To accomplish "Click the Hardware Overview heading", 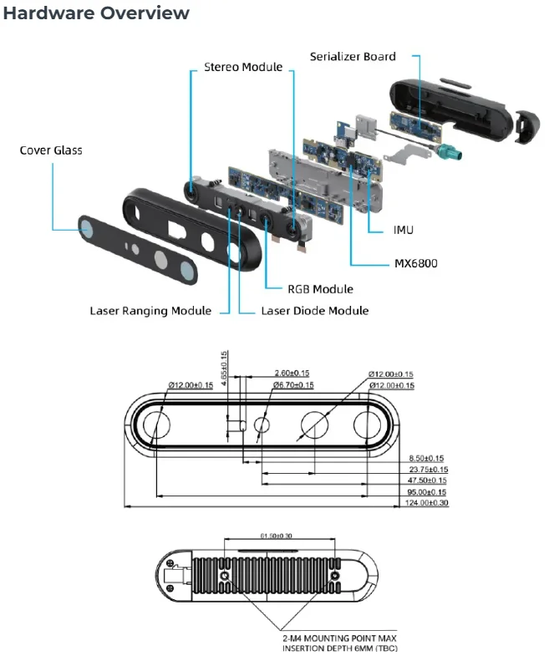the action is coord(96,13).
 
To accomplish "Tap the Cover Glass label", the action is coord(51,150).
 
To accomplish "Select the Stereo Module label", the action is coord(243,67).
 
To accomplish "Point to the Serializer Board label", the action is coord(353,57).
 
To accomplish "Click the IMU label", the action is coord(404,230).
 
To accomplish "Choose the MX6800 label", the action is coord(416,263).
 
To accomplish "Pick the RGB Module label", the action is coord(321,289).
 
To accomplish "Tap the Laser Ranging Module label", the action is coord(150,311).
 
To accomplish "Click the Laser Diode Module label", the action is coord(315,311).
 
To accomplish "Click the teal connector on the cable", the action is coord(450,151).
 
